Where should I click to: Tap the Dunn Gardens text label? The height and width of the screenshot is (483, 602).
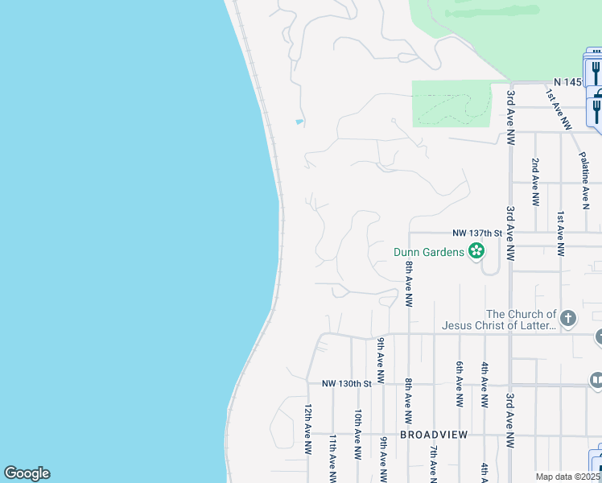click(x=429, y=252)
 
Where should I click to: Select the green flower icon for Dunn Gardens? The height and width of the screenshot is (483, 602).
click(x=476, y=252)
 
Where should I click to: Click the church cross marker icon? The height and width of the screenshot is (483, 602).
click(x=567, y=318)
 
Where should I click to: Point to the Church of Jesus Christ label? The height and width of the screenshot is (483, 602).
click(x=499, y=320)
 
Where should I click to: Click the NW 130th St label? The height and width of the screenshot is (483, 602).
click(x=347, y=384)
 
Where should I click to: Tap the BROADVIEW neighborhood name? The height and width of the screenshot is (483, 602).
click(x=434, y=435)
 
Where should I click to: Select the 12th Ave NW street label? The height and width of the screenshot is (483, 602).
click(x=307, y=428)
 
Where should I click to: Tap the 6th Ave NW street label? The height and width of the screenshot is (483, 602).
click(x=459, y=383)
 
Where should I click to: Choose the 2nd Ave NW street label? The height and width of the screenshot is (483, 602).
click(x=534, y=182)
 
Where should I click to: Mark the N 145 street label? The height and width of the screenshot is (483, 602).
click(x=567, y=83)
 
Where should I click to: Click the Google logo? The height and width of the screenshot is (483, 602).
click(x=27, y=473)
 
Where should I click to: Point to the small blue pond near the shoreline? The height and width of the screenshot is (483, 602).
click(x=299, y=122)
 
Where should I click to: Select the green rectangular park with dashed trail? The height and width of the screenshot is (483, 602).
click(x=451, y=103)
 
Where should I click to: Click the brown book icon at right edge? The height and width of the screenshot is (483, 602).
click(x=596, y=379)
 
